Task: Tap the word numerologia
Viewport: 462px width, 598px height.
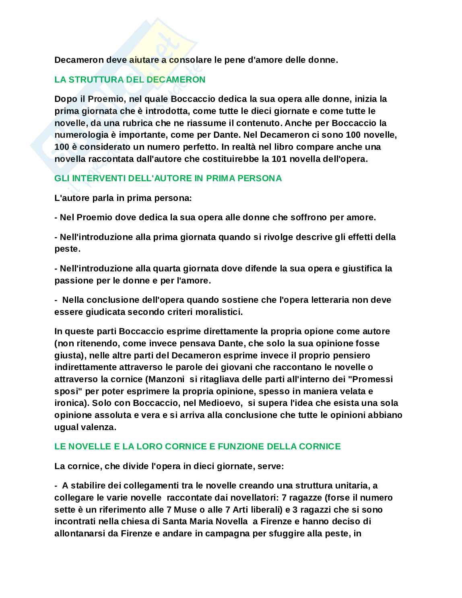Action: [78, 134]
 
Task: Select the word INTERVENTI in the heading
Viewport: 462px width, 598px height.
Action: [97, 178]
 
